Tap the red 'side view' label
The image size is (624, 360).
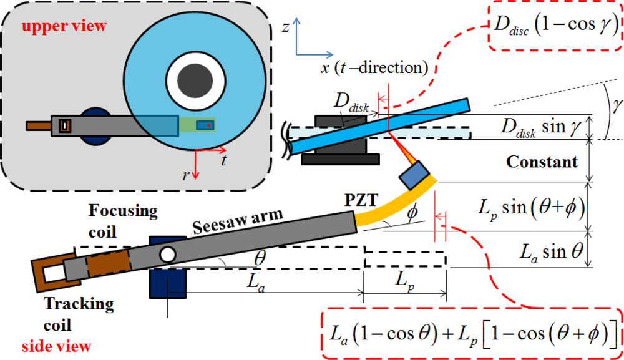point(57,346)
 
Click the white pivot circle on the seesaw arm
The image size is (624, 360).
point(167,255)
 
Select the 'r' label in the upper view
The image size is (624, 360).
point(185,175)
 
